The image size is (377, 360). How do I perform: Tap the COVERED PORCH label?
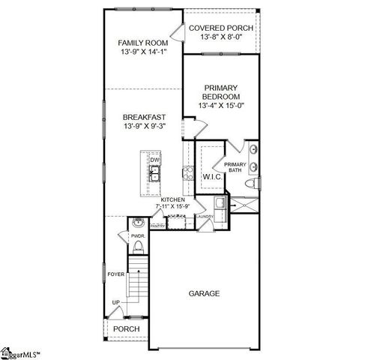point(220,28)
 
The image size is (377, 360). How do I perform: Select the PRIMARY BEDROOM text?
point(221,92)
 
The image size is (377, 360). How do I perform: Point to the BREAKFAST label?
point(144,117)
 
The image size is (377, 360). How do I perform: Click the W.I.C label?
point(210,178)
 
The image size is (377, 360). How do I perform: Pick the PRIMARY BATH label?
point(235,167)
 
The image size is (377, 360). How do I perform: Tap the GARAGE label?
point(204,293)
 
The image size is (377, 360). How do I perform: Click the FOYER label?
point(115,274)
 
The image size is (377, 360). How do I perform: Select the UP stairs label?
point(116,302)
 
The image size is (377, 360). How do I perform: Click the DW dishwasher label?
point(154,160)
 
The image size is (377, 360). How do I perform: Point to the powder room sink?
point(137,223)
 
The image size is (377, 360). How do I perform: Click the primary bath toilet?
point(254,183)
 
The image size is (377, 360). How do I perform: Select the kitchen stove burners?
point(187,174)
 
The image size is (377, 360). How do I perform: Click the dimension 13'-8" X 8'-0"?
point(220,39)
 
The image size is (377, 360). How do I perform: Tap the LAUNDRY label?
point(205,217)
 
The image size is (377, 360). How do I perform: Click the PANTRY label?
point(157,225)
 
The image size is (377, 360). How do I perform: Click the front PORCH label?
point(125,329)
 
